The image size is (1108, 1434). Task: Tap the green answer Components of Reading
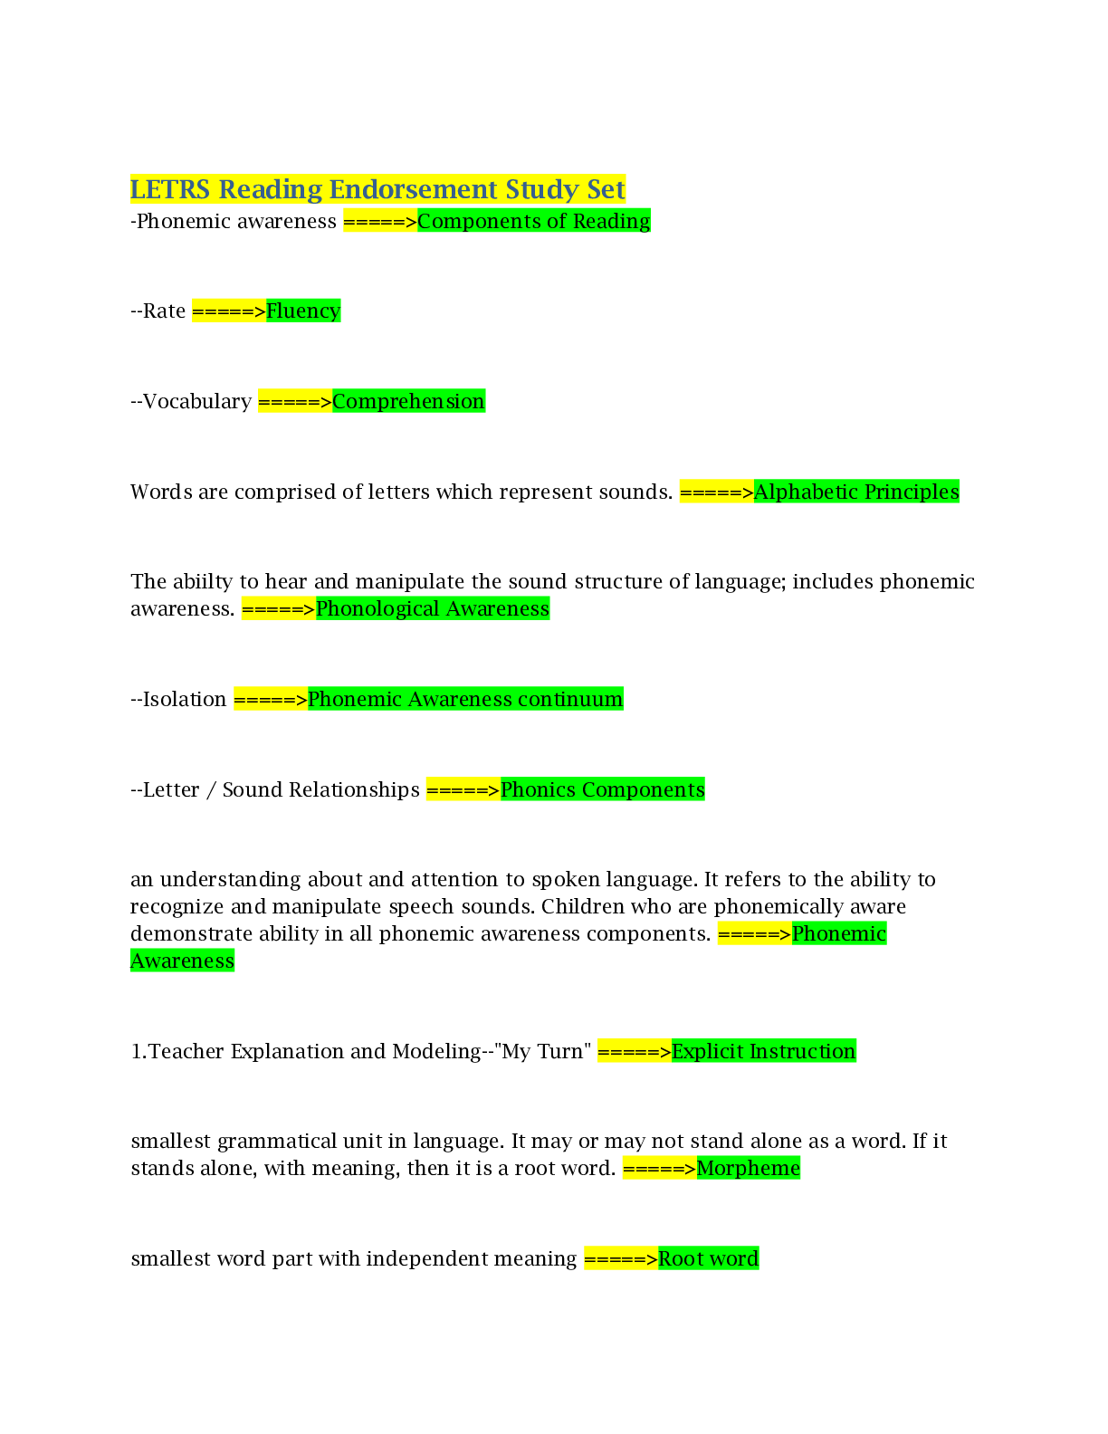point(533,221)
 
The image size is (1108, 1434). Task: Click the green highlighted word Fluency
point(303,311)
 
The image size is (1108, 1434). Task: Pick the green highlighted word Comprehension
point(408,401)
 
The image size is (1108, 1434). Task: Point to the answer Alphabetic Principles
point(855,492)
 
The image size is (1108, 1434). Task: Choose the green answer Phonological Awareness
point(433,608)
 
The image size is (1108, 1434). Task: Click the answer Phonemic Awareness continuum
point(465,699)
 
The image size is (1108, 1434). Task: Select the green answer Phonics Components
point(602,789)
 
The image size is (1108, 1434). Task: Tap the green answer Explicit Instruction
point(763,1051)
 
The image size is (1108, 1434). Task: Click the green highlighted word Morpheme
point(748,1168)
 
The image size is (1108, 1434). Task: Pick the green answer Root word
point(708,1258)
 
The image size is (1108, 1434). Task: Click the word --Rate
point(158,311)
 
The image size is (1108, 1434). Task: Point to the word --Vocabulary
point(191,401)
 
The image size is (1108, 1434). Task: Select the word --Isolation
point(178,699)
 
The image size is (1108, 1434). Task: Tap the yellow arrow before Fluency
point(229,311)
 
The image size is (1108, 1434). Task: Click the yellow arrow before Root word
point(620,1258)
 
